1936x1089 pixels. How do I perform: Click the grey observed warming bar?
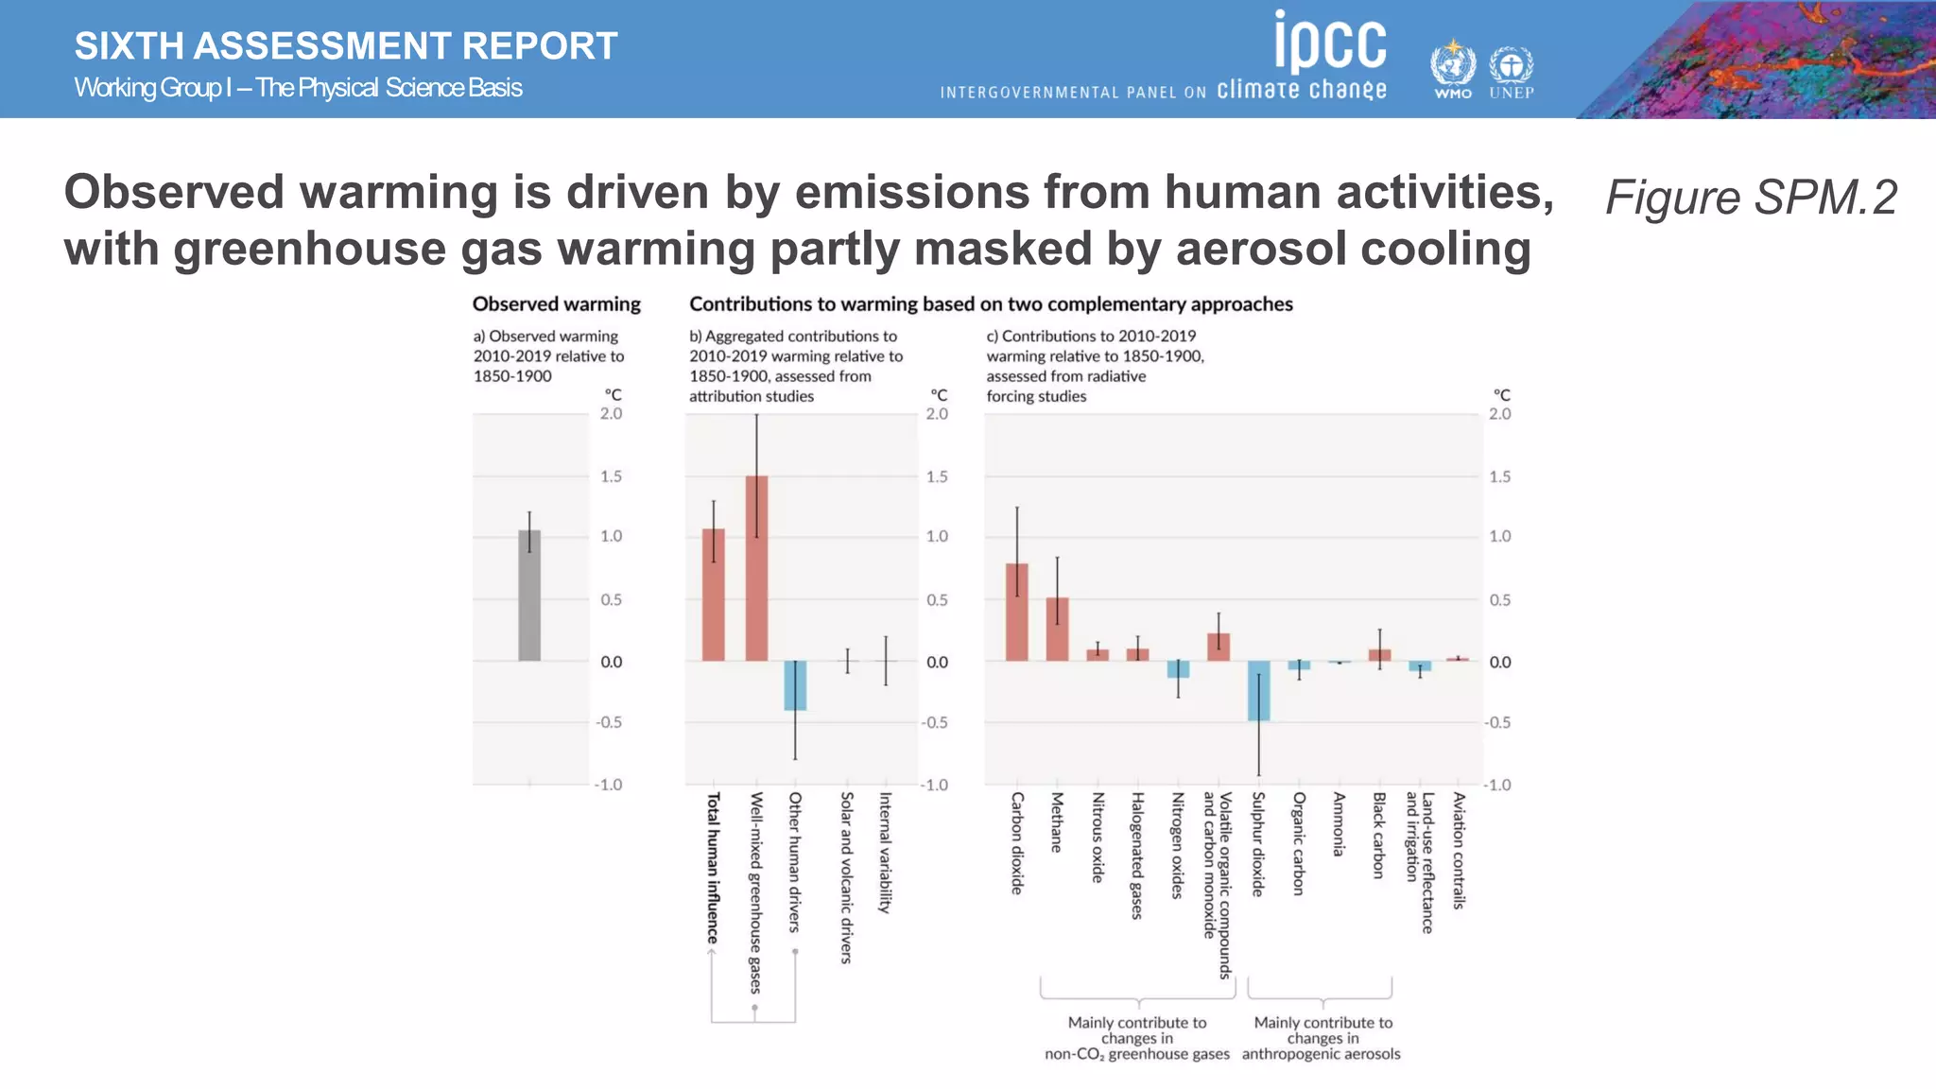click(x=529, y=596)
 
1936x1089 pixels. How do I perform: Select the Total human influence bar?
click(x=714, y=596)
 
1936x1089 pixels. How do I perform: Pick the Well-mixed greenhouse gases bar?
click(x=756, y=567)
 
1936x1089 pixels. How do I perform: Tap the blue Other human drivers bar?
click(x=795, y=685)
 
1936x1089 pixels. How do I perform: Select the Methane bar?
click(x=1057, y=630)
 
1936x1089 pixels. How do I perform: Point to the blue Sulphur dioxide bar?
click(x=1258, y=691)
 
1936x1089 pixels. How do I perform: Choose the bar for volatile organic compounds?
click(x=1219, y=648)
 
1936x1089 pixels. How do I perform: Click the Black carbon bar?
click(x=1380, y=655)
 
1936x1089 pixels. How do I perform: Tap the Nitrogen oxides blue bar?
click(x=1178, y=669)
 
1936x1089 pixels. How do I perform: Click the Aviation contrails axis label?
click(x=1459, y=851)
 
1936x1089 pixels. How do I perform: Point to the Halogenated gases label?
click(x=1137, y=856)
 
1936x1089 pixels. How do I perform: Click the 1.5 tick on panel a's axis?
click(x=612, y=476)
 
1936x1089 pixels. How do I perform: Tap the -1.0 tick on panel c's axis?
click(x=1497, y=785)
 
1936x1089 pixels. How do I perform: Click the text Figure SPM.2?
click(x=1751, y=198)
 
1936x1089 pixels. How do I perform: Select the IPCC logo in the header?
click(x=1330, y=43)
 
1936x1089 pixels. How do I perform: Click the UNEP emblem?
click(x=1511, y=72)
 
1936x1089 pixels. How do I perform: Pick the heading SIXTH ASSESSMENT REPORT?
click(x=346, y=46)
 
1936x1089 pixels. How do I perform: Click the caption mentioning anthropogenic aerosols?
click(x=1322, y=1038)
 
